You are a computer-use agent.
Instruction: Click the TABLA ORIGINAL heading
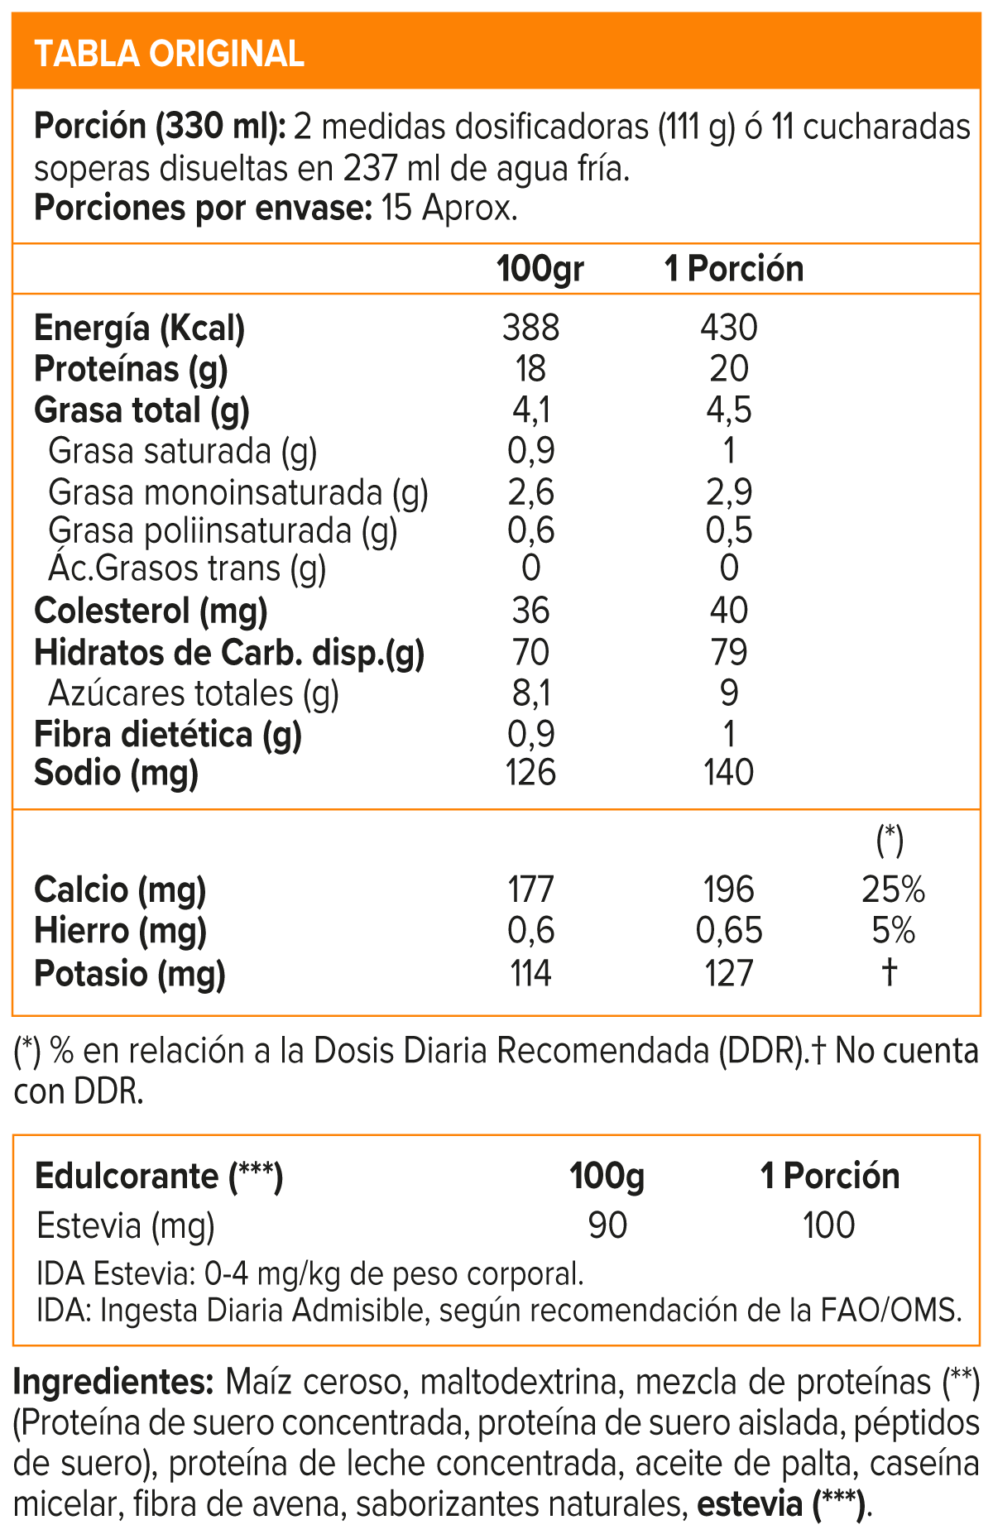(170, 54)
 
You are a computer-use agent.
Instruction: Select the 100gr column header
(540, 269)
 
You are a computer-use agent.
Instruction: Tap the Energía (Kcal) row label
(140, 328)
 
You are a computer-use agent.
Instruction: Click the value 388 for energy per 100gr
(530, 328)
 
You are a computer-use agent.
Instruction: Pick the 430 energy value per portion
(728, 328)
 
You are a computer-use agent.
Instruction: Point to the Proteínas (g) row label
(131, 369)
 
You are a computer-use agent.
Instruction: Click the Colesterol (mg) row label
(151, 611)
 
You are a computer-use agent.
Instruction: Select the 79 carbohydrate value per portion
(728, 652)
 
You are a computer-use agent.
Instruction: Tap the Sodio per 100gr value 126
(530, 773)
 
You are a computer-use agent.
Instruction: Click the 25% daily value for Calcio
(892, 889)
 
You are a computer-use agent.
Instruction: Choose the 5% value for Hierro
(892, 931)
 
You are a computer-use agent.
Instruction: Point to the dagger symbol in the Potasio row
(890, 971)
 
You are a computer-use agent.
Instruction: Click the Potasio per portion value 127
(728, 973)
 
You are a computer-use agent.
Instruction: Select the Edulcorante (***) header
(159, 1176)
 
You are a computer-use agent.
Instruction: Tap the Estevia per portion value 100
(828, 1225)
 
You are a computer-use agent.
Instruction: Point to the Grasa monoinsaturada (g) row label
(238, 492)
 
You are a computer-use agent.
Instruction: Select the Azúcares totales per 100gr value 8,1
(530, 693)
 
